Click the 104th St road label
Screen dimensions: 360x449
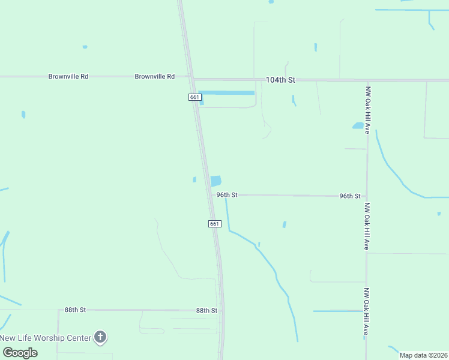[x=281, y=80]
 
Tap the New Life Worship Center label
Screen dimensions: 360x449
[x=46, y=338]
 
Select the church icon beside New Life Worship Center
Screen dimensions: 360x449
[x=100, y=337]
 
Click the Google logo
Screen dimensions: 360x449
[x=19, y=352]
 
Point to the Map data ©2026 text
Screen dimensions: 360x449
[x=423, y=355]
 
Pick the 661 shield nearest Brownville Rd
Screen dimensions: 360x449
[x=194, y=97]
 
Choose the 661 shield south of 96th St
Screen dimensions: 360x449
[x=215, y=224]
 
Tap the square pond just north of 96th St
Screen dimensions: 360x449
[x=215, y=181]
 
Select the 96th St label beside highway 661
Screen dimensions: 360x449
[x=228, y=195]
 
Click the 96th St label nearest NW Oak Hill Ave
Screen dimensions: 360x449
[x=349, y=196]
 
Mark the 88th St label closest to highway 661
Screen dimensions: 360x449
[x=206, y=310]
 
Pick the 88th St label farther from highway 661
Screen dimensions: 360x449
[x=76, y=310]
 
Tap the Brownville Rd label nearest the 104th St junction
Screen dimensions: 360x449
[x=154, y=77]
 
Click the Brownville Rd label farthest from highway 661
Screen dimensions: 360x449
[x=68, y=77]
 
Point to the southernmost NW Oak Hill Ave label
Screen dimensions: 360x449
[x=367, y=312]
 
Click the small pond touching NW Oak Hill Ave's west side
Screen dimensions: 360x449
[x=358, y=126]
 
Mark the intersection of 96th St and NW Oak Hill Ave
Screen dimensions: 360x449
[x=367, y=196]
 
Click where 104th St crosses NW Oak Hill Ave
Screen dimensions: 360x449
[x=367, y=80]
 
